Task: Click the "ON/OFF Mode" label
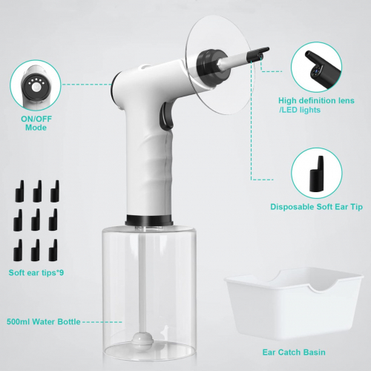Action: (x=36, y=123)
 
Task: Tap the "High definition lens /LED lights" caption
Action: (x=316, y=105)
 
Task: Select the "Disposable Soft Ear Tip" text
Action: (x=316, y=207)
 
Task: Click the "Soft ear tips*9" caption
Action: (x=36, y=272)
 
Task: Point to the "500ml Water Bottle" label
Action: (x=44, y=321)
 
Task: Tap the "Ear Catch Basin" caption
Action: (x=294, y=352)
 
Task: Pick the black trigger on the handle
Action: (x=166, y=116)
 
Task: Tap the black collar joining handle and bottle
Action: (x=149, y=220)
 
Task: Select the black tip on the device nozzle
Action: (x=257, y=53)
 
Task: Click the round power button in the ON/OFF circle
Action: (x=36, y=88)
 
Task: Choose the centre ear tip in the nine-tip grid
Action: (x=36, y=220)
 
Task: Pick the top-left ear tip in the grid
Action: (x=20, y=191)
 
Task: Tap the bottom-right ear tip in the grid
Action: (x=53, y=250)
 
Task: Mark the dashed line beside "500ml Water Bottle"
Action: (x=102, y=322)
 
